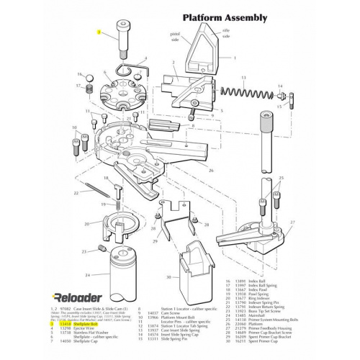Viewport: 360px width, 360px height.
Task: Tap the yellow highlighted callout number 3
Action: point(101,32)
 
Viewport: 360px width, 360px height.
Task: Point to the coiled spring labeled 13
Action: point(248,94)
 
